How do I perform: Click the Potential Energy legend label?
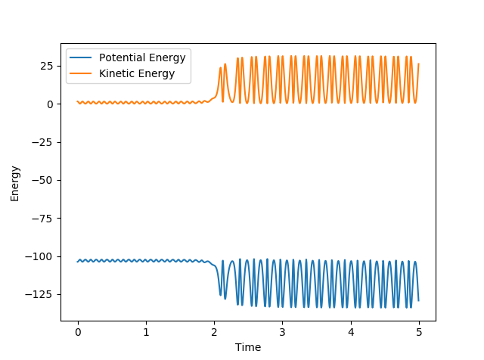click(x=142, y=59)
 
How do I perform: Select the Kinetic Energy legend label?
click(x=137, y=73)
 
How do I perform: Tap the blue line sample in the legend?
click(x=82, y=59)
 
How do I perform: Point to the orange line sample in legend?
click(x=82, y=73)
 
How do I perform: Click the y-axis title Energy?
click(x=15, y=183)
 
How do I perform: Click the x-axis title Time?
click(x=248, y=347)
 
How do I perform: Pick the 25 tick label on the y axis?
click(x=47, y=67)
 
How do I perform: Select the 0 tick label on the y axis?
click(x=50, y=104)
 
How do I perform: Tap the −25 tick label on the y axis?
click(x=44, y=142)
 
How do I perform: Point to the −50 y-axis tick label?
click(x=44, y=181)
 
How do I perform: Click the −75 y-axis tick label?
click(x=44, y=219)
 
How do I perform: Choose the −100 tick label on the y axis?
click(x=41, y=256)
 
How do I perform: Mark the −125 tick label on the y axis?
click(x=41, y=295)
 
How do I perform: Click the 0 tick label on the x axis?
click(x=78, y=331)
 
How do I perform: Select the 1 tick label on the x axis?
click(x=146, y=331)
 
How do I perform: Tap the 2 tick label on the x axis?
click(x=214, y=331)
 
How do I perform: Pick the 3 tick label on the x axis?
click(x=282, y=331)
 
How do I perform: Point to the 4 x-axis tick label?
click(x=350, y=331)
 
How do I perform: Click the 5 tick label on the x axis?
click(x=419, y=331)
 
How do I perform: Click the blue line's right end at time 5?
click(x=418, y=300)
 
